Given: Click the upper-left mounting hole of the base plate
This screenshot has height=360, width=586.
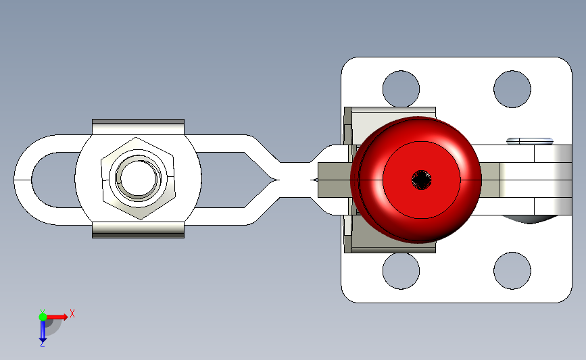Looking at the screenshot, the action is (401, 89).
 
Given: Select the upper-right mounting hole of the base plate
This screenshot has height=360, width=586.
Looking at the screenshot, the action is (512, 89).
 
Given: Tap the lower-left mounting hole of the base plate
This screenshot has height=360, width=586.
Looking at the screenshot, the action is (401, 271).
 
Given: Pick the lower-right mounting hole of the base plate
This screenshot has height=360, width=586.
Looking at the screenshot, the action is (512, 271).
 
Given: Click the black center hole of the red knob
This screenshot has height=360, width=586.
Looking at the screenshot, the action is (421, 180).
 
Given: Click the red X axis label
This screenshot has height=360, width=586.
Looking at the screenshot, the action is (72, 313).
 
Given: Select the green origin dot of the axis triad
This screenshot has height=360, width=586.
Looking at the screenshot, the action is (43, 317).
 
